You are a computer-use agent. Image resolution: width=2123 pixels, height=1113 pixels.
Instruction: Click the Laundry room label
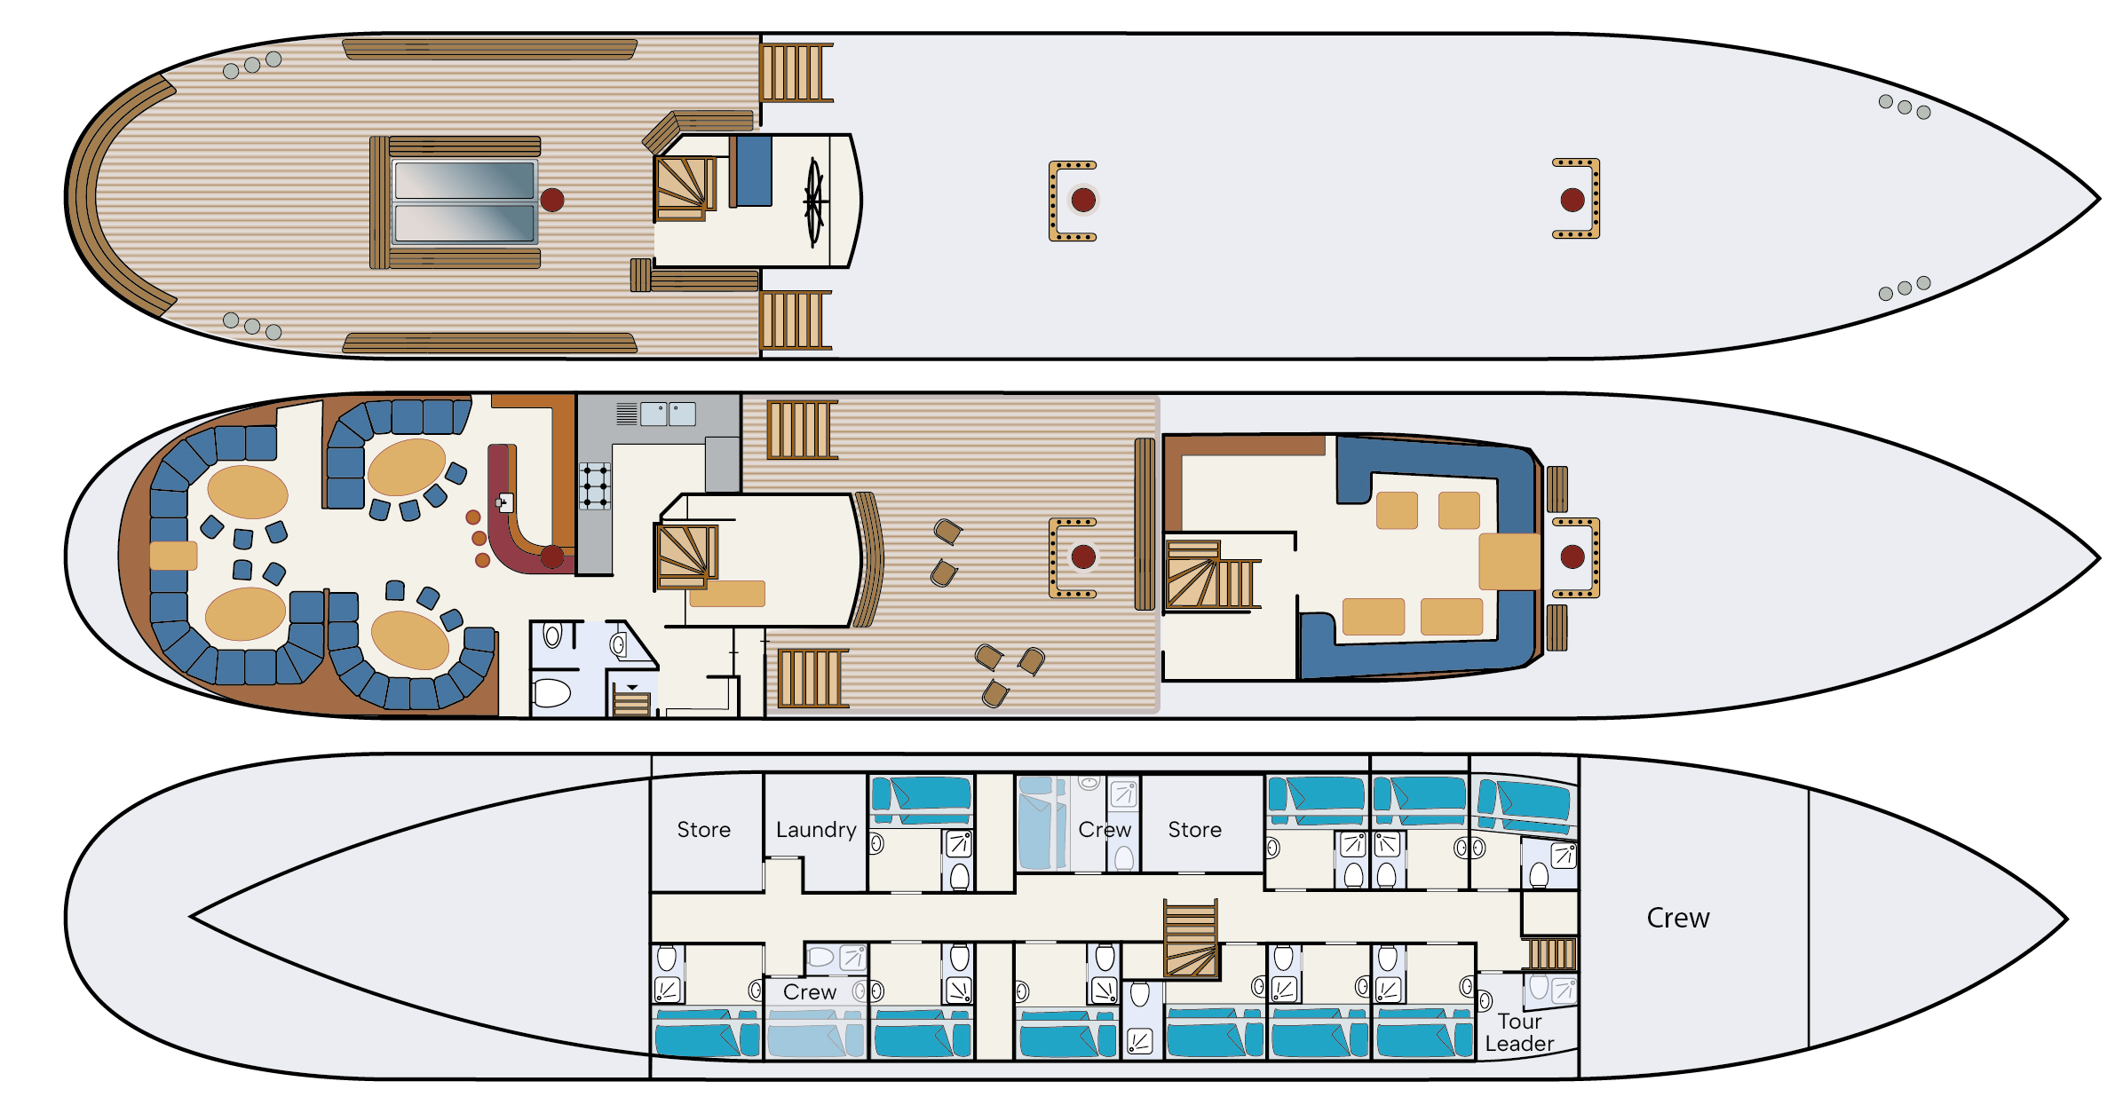coord(816,830)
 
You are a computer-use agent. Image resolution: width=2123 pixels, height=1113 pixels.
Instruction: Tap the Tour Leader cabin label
coord(1519,1033)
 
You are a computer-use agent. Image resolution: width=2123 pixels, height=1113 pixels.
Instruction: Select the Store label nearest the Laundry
coord(704,830)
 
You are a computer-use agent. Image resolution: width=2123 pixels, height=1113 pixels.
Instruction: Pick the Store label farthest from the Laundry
coord(1194,830)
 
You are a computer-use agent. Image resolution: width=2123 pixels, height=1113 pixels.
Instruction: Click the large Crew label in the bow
coord(1678,918)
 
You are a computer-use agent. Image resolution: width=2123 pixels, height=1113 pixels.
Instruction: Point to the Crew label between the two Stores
coord(1105,830)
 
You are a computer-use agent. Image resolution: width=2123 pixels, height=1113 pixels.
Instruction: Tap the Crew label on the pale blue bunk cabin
coord(810,992)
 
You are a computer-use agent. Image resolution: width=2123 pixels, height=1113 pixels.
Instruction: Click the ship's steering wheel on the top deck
coord(815,201)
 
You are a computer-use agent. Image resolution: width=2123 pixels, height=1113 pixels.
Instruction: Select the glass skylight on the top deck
coord(464,201)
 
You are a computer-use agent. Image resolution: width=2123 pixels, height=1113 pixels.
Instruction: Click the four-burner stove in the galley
coord(595,486)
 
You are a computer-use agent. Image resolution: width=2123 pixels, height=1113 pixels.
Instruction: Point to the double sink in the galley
coord(668,414)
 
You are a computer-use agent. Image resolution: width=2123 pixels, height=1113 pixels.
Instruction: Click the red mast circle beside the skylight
coord(552,200)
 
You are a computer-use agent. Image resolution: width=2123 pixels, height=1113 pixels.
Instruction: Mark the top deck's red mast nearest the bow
coord(1572,200)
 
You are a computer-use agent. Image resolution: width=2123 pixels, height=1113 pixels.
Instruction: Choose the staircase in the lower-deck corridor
coord(1191,938)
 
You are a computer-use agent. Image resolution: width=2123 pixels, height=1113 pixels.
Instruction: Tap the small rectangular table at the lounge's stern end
coord(173,556)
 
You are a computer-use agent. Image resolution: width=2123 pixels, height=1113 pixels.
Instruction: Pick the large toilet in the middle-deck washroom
coord(551,692)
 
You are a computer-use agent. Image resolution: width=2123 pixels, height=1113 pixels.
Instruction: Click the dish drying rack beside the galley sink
coord(627,414)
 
